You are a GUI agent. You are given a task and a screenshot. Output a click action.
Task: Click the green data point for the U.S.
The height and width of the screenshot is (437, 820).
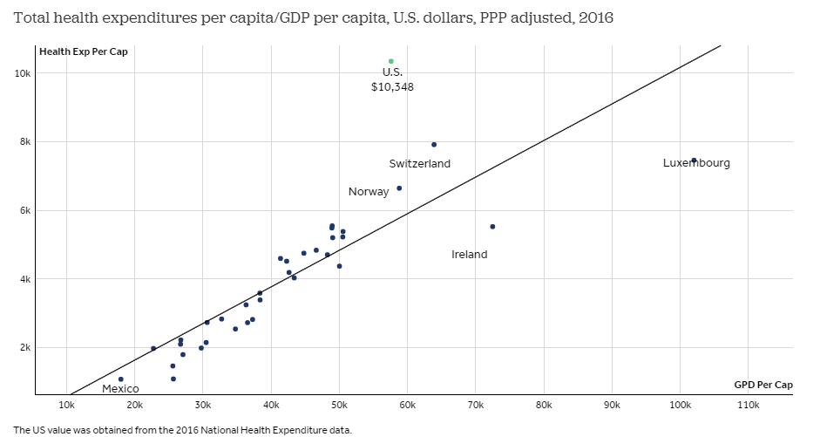tap(391, 61)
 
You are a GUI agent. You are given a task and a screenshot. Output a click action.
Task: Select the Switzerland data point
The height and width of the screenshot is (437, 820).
tap(434, 145)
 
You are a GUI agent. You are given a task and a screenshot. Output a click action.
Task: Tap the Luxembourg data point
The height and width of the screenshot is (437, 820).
tap(694, 160)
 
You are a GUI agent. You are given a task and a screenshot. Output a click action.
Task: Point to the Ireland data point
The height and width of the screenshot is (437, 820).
tap(492, 227)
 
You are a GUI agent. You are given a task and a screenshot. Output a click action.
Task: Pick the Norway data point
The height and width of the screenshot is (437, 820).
tap(399, 188)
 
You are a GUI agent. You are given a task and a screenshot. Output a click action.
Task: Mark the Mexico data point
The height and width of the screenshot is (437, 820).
tap(120, 379)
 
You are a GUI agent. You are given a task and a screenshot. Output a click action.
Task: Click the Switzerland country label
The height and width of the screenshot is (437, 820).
tap(419, 164)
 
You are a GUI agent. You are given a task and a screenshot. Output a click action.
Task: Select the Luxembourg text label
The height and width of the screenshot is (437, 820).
tap(696, 163)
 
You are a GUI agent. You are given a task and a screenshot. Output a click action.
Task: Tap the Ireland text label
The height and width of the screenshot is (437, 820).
tap(470, 255)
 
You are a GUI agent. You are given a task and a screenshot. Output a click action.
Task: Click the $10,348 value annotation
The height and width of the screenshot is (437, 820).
tap(392, 86)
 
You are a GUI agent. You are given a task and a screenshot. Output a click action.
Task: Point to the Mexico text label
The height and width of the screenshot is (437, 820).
tap(120, 389)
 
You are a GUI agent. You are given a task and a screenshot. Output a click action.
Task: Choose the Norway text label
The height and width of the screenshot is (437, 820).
tap(369, 192)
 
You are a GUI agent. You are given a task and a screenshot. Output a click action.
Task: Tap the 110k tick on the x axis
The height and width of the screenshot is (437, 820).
tap(749, 406)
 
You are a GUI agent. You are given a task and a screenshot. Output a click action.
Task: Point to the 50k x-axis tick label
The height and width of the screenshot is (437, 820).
tap(339, 406)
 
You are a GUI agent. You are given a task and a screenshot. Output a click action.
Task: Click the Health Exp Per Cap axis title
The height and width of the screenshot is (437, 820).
tap(84, 51)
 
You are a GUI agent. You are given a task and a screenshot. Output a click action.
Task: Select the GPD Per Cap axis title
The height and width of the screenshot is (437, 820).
tap(763, 385)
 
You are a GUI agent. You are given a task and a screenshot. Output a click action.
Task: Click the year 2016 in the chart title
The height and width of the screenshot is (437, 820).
tap(595, 17)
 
